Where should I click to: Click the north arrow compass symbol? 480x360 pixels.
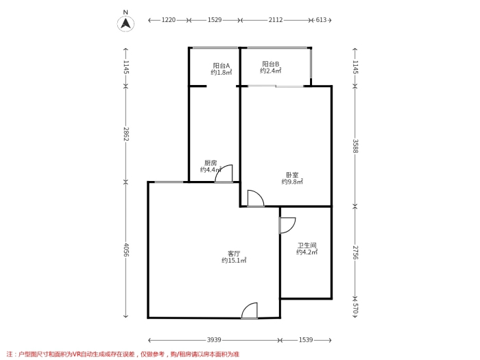(x=125, y=23)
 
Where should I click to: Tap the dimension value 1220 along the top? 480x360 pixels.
(x=169, y=20)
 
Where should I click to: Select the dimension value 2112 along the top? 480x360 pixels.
(x=276, y=20)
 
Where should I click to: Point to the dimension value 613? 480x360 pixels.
(x=321, y=20)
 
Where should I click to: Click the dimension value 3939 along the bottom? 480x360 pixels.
(x=214, y=340)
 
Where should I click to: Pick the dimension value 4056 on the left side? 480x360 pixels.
(x=126, y=250)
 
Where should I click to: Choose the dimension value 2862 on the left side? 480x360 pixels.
(x=126, y=134)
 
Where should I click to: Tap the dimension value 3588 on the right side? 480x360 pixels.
(x=355, y=146)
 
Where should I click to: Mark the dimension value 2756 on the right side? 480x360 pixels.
(x=355, y=252)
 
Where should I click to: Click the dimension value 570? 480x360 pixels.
(x=355, y=309)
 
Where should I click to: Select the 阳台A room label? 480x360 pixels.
(x=221, y=66)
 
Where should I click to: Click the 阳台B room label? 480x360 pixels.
(x=271, y=64)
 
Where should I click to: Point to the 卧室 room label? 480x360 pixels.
(x=292, y=175)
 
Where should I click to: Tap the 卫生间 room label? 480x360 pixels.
(x=307, y=245)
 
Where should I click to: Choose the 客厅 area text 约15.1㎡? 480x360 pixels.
(x=234, y=261)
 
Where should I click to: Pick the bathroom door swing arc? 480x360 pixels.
(x=291, y=228)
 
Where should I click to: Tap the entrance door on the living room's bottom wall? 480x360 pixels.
(x=249, y=311)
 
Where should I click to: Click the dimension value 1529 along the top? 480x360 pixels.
(x=215, y=20)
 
